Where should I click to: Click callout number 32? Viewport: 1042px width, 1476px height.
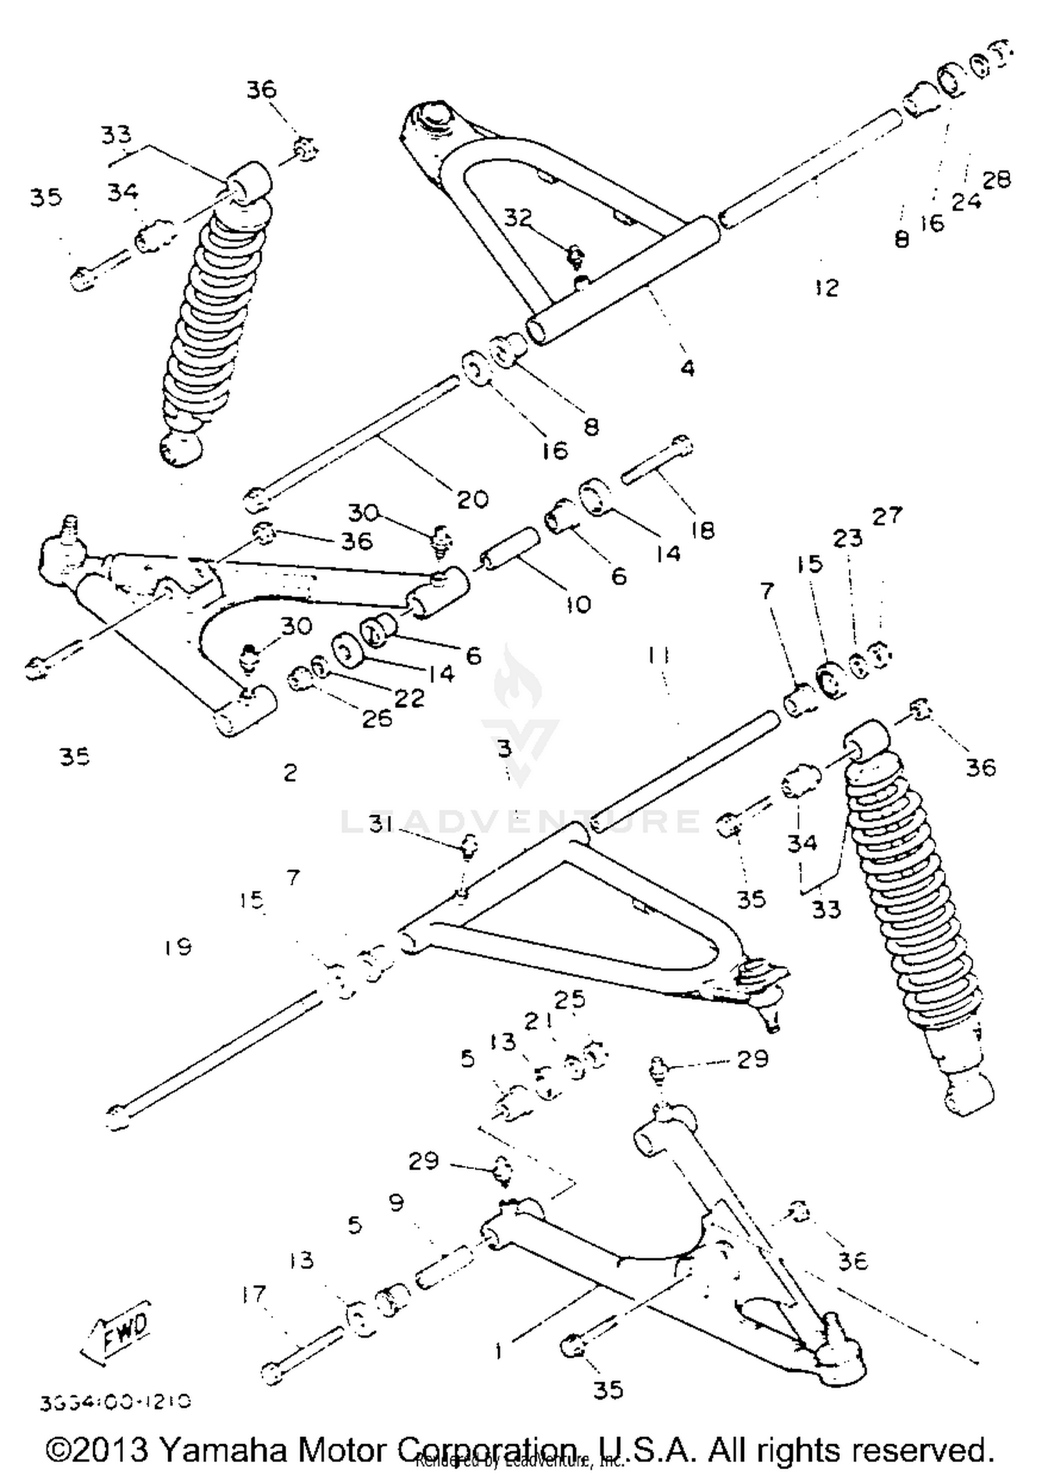tap(518, 218)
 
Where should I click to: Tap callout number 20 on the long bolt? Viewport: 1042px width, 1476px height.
tap(472, 499)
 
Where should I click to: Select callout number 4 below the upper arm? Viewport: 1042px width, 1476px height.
tap(686, 368)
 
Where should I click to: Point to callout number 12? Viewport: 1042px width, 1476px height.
tap(827, 287)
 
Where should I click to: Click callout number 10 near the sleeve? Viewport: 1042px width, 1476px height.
tap(577, 604)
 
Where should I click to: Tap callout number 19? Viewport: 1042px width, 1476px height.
tap(178, 946)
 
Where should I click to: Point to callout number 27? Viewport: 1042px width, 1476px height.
tap(887, 516)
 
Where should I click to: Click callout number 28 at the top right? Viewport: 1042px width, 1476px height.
tap(996, 179)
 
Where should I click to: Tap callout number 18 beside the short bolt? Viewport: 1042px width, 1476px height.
tap(702, 530)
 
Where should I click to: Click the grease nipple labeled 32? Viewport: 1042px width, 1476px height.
tap(574, 256)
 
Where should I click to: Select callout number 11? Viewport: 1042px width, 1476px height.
tap(658, 655)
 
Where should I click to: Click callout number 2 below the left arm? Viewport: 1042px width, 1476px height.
tap(290, 772)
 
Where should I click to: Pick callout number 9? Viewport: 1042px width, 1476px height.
tap(396, 1202)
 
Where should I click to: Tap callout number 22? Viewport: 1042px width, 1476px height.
tap(409, 698)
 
